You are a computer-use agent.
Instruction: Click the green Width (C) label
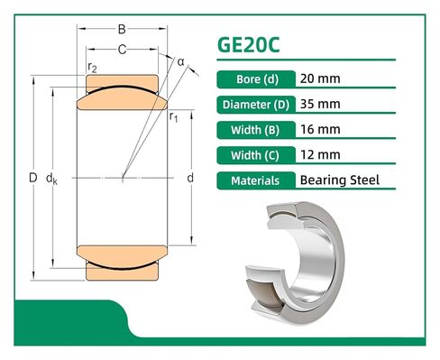click(x=255, y=153)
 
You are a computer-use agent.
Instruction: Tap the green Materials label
click(x=255, y=180)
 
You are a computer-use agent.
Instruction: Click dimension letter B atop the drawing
click(x=123, y=30)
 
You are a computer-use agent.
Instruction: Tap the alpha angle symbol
click(x=180, y=61)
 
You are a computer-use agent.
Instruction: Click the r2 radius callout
click(x=92, y=67)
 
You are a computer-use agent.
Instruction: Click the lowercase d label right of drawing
click(x=190, y=178)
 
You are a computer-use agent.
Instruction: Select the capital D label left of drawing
click(x=32, y=179)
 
